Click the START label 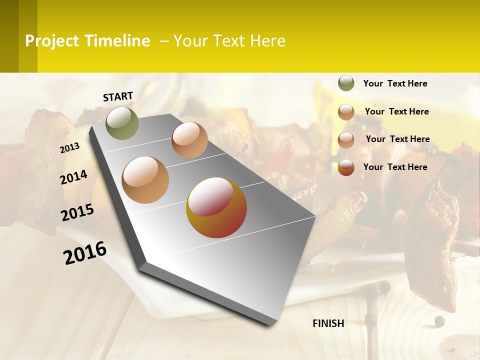click(x=118, y=96)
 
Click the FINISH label click(x=328, y=323)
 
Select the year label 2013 click(x=69, y=147)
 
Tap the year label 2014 click(x=73, y=177)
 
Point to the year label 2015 click(x=77, y=212)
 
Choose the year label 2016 click(x=85, y=252)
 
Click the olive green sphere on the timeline click(x=122, y=123)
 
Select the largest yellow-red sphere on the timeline click(x=216, y=207)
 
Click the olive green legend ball click(x=346, y=83)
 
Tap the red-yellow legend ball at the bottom click(x=346, y=168)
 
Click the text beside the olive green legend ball click(x=395, y=84)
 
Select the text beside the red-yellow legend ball click(x=395, y=167)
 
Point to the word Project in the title click(x=51, y=41)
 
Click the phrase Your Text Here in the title click(x=229, y=41)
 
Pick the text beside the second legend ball click(x=396, y=111)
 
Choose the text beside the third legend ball click(x=397, y=139)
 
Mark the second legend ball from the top click(x=346, y=112)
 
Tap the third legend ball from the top click(x=346, y=140)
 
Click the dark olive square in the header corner click(x=9, y=36)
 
